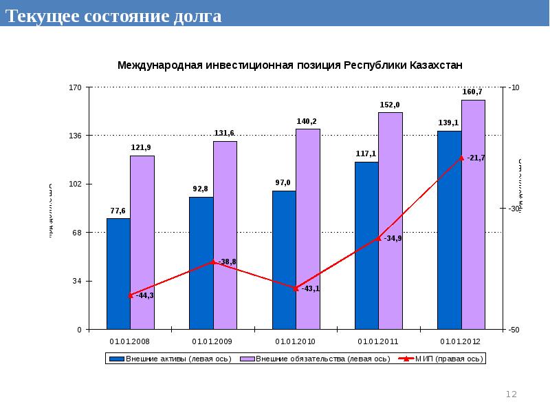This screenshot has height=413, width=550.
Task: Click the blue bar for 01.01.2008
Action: click(x=118, y=274)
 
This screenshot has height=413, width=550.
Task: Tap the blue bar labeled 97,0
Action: click(x=284, y=260)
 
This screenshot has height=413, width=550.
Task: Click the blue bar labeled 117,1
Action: click(x=366, y=246)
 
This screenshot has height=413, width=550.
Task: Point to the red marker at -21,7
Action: click(x=461, y=158)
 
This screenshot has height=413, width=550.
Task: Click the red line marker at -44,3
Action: click(x=131, y=295)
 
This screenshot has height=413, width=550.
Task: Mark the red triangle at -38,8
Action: click(x=213, y=262)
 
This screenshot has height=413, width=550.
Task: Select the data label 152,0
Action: click(x=390, y=105)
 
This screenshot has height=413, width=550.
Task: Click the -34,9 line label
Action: click(x=393, y=238)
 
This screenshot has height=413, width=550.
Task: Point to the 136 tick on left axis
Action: click(x=76, y=136)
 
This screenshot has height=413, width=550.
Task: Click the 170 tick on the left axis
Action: click(x=76, y=87)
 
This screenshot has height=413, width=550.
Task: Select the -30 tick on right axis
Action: click(x=514, y=209)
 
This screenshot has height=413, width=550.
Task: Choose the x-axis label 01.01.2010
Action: click(x=295, y=341)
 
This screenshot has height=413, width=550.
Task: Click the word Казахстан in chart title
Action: click(x=436, y=65)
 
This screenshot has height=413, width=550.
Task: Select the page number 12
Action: click(x=511, y=394)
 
